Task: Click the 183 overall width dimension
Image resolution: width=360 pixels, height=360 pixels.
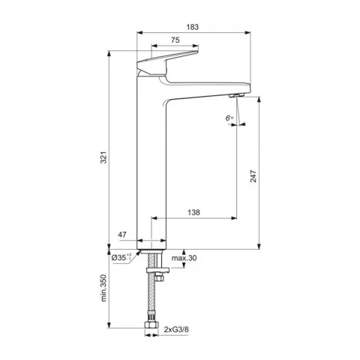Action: pos(193,27)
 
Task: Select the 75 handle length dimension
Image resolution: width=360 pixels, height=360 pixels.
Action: pos(174,40)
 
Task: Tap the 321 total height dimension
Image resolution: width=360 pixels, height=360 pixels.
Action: pos(105,157)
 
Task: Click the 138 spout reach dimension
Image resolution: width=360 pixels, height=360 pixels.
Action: pos(193,213)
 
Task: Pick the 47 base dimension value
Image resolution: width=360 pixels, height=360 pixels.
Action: pos(122,235)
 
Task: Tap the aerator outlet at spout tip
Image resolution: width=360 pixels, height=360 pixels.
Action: pos(235,94)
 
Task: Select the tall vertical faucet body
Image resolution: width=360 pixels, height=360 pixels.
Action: pos(153,165)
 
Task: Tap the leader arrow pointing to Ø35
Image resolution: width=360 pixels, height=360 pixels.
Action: pos(136,253)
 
